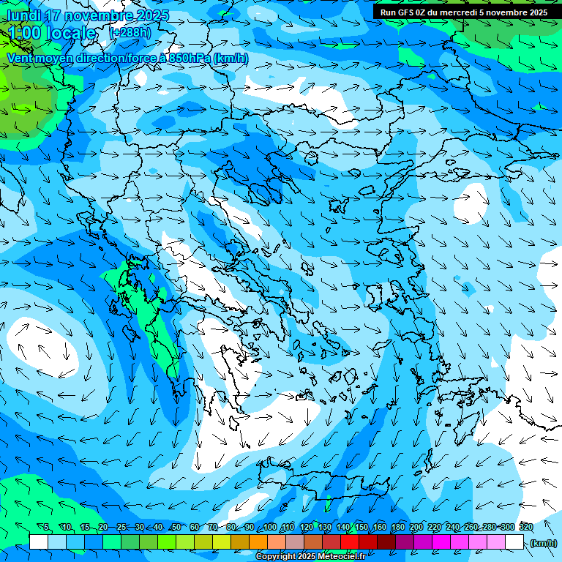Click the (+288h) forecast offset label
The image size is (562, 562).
click(130, 33)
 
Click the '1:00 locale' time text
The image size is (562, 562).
click(53, 33)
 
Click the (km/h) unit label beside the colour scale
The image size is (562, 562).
click(542, 543)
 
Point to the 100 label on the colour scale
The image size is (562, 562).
click(269, 528)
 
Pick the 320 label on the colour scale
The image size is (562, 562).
click(525, 528)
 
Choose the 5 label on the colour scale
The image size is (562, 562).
click(47, 528)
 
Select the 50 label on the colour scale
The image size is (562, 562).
click(176, 528)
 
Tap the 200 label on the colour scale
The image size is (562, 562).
click(416, 528)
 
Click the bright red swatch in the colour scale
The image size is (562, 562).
click(350, 542)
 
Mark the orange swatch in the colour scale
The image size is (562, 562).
click(258, 542)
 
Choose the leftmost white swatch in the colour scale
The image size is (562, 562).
click(39, 542)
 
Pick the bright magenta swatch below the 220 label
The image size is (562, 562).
click(441, 542)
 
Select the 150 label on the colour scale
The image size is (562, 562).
click(361, 528)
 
